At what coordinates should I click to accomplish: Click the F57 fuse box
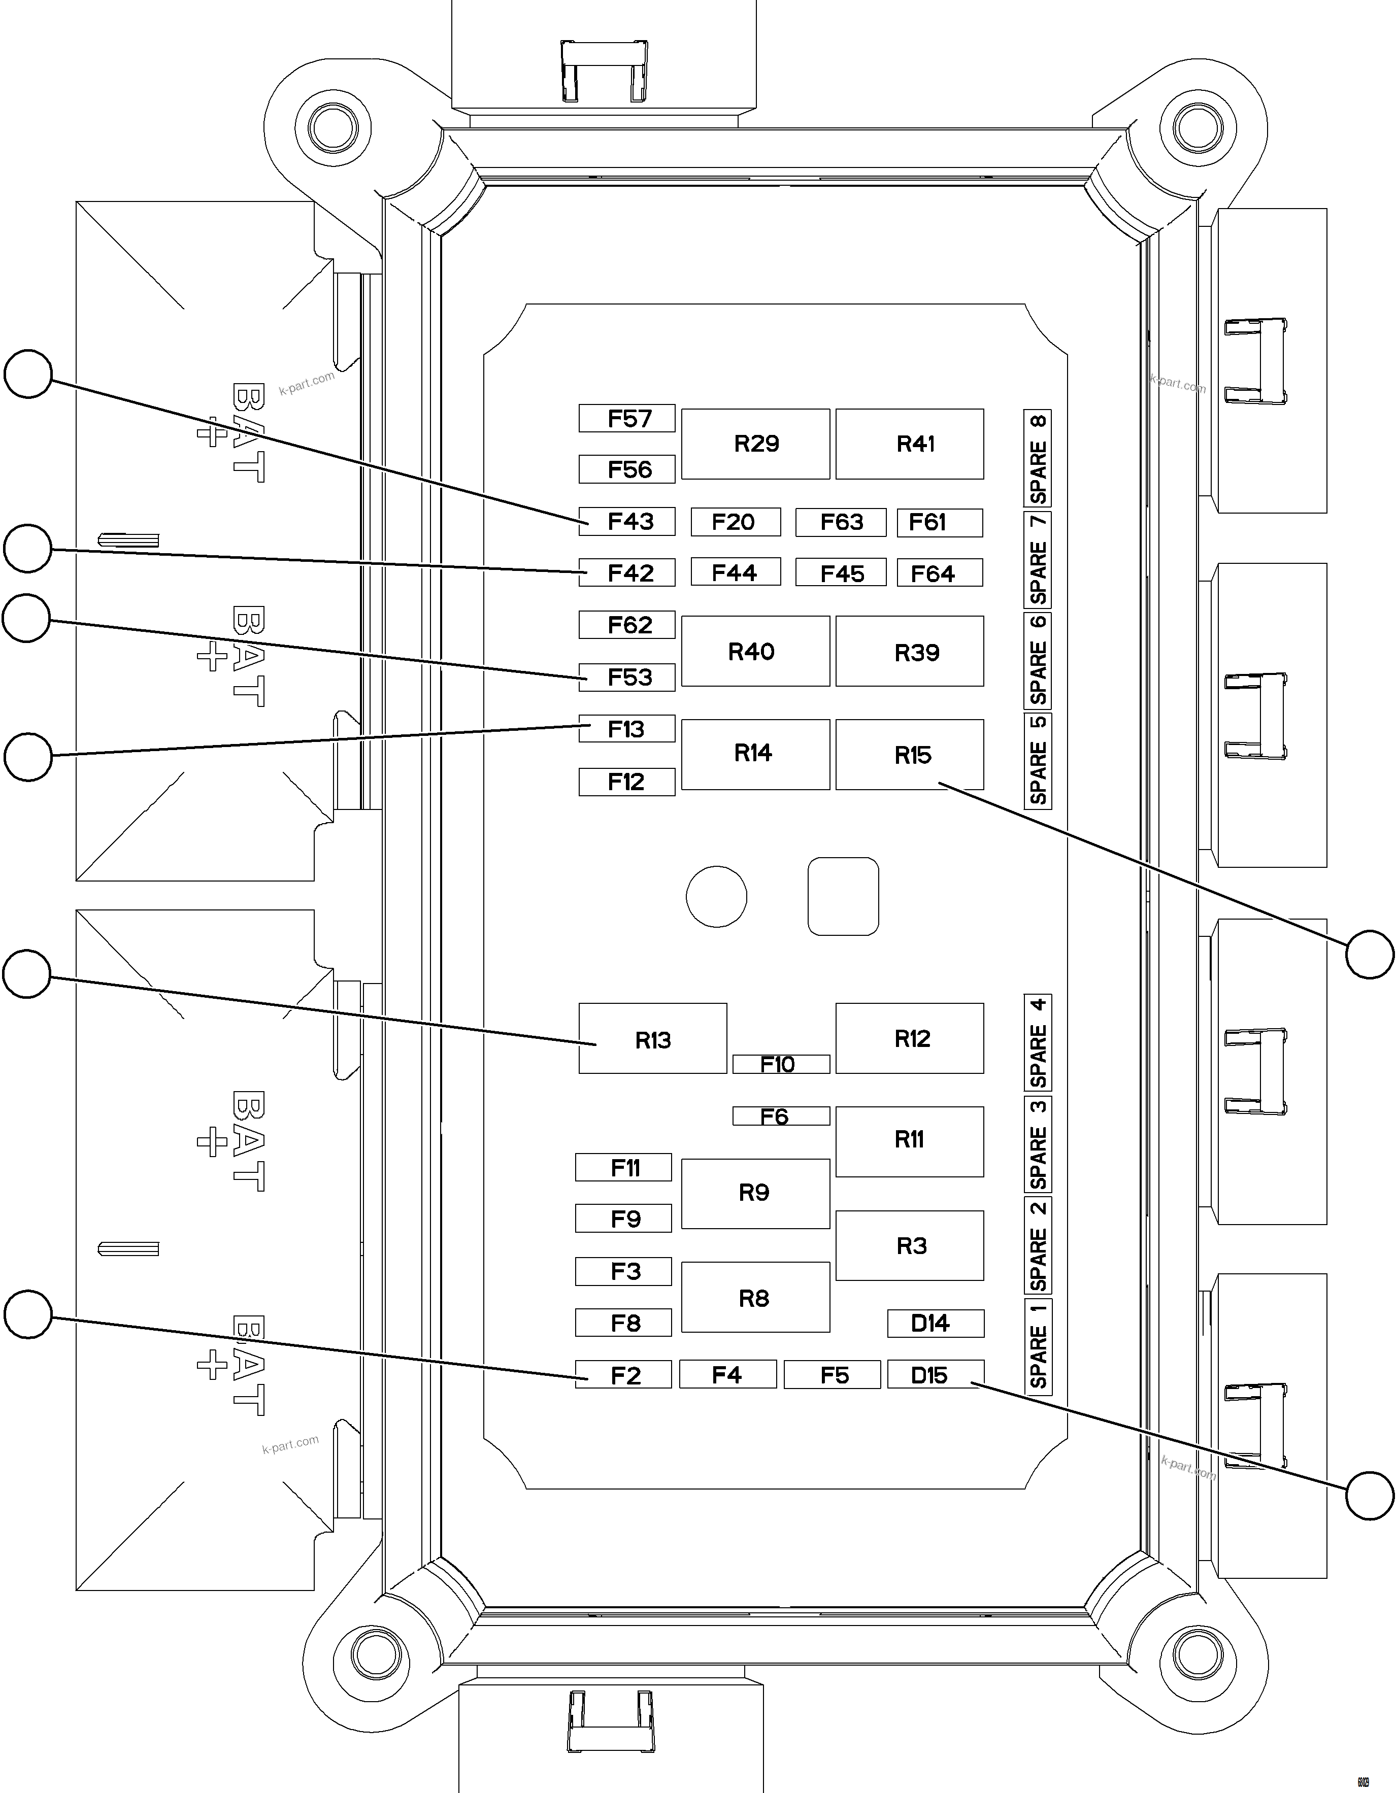click(x=626, y=419)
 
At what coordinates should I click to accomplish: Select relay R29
click(x=755, y=444)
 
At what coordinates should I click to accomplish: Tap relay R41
click(x=909, y=444)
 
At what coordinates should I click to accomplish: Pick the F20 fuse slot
click(x=735, y=522)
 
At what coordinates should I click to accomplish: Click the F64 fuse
click(x=940, y=573)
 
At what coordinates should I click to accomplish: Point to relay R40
click(x=755, y=651)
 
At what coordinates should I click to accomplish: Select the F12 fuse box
click(x=626, y=782)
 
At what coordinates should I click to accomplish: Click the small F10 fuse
click(x=781, y=1064)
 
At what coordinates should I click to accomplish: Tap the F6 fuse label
click(x=781, y=1115)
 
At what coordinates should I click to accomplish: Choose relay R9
click(x=755, y=1193)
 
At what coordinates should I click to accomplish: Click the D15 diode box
click(x=935, y=1374)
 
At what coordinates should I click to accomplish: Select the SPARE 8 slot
click(x=1038, y=458)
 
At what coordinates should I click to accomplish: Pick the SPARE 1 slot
click(x=1038, y=1346)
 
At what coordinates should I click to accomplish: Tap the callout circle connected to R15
click(x=1370, y=954)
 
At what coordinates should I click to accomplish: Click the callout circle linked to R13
click(x=27, y=974)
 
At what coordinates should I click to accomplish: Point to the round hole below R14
click(x=716, y=896)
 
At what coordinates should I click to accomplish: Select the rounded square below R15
click(x=843, y=896)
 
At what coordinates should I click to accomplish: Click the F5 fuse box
click(x=832, y=1374)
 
